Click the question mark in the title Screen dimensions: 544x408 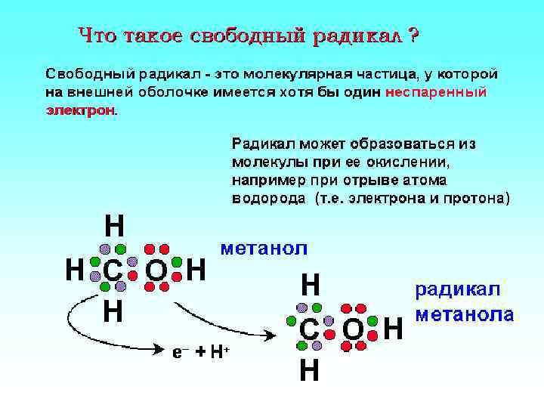click(413, 36)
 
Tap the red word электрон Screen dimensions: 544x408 click(80, 110)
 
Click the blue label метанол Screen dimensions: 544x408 click(263, 247)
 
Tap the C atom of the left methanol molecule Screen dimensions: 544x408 click(113, 269)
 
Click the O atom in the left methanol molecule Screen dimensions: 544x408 click(156, 269)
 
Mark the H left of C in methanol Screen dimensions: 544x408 click(74, 269)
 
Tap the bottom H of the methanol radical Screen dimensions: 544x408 click(308, 371)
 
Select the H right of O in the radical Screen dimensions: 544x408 click(394, 329)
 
